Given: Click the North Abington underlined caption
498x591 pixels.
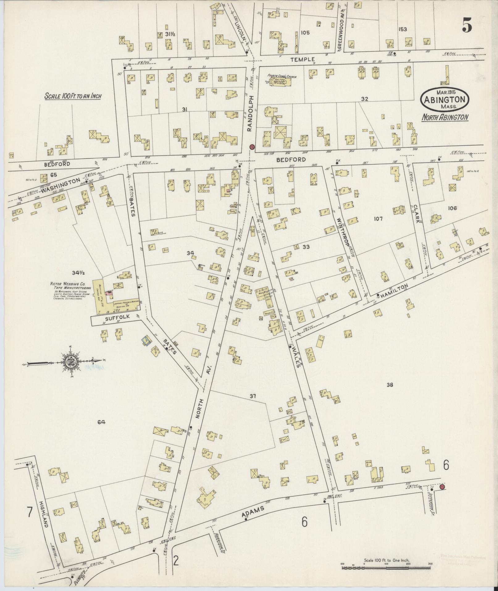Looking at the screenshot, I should coord(445,117).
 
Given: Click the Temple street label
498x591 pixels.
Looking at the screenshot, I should coord(306,59).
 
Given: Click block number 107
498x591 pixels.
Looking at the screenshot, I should coord(378,219).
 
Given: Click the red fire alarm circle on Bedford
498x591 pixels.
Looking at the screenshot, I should coord(252,147).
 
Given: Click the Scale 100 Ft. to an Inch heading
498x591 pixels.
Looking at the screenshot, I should coord(73,96).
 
